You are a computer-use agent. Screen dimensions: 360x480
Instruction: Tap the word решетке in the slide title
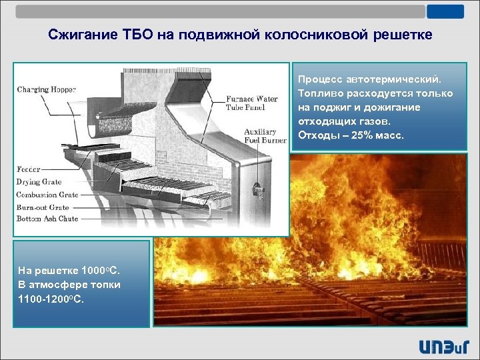pyautogui.click(x=401, y=35)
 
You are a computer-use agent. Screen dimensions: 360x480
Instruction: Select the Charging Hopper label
pyautogui.click(x=47, y=89)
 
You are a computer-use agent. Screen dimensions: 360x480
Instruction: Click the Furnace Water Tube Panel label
pyautogui.click(x=253, y=103)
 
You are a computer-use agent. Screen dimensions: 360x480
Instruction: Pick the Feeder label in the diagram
pyautogui.click(x=29, y=169)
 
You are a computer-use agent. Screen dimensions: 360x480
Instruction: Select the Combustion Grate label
pyautogui.click(x=47, y=195)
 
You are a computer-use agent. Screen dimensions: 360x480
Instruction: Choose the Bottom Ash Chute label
pyautogui.click(x=47, y=219)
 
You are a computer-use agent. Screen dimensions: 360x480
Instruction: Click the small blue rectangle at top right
pyautogui.click(x=446, y=11)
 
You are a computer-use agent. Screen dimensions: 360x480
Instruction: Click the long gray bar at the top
pyautogui.click(x=220, y=11)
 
